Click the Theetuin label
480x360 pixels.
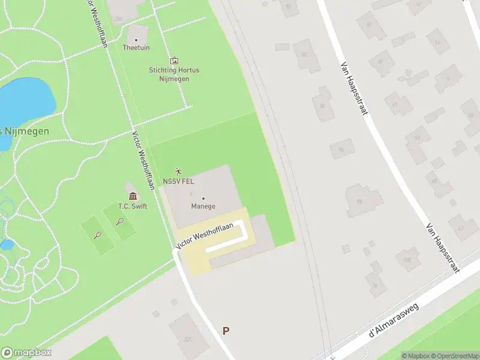(136, 47)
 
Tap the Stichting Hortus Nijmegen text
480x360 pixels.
(174, 74)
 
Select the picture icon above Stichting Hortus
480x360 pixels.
(174, 60)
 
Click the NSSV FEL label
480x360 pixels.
(179, 181)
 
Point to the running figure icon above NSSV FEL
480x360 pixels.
(178, 172)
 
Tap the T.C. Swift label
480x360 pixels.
(133, 206)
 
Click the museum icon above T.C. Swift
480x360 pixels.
(133, 196)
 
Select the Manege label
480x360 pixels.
(203, 206)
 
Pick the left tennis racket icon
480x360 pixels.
(97, 235)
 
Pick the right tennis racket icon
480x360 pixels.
(121, 221)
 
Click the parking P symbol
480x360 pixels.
(226, 331)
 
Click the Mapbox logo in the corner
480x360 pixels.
(26, 353)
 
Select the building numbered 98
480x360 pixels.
(360, 202)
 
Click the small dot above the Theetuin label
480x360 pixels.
(136, 40)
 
